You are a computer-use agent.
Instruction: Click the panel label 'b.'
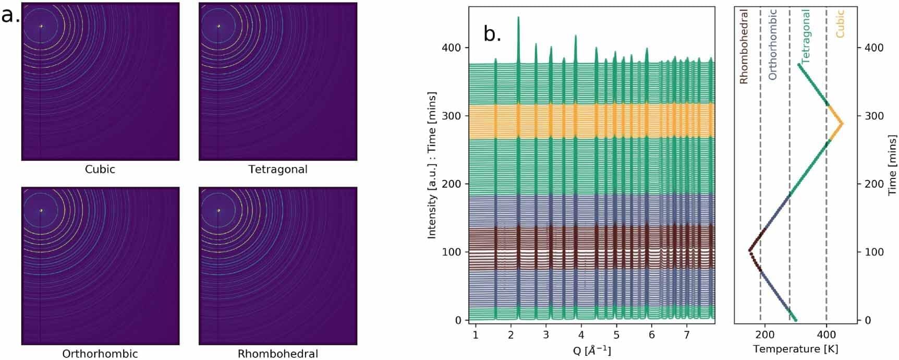(492, 34)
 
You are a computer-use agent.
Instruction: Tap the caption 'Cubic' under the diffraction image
(100, 170)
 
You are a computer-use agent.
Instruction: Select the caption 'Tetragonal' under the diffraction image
(277, 170)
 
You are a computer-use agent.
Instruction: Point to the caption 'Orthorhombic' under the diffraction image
(100, 354)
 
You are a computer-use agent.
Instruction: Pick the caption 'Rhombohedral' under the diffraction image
(277, 354)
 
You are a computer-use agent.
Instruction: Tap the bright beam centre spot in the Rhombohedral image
(218, 211)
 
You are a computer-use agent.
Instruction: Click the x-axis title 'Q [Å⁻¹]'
(592, 350)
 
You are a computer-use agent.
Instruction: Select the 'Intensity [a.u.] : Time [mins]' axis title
(432, 165)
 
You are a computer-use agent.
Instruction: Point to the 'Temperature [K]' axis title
(796, 349)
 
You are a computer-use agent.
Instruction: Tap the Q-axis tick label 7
(687, 334)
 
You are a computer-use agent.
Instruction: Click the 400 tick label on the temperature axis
(827, 334)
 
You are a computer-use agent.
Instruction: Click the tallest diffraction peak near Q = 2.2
(518, 18)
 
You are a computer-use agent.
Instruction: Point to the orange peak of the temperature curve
(842, 124)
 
